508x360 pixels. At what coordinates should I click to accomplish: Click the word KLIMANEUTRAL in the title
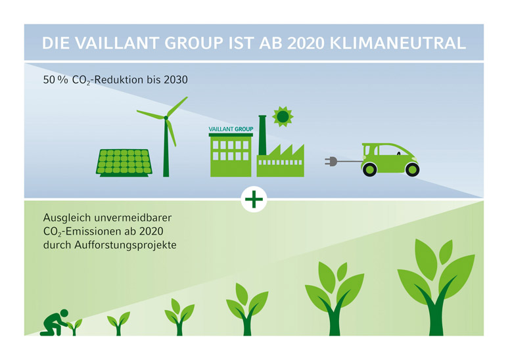(398, 43)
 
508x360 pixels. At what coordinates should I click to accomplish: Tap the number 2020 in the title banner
(306, 43)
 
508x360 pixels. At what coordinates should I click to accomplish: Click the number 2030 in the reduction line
(175, 79)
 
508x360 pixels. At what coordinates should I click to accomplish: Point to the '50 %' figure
(55, 79)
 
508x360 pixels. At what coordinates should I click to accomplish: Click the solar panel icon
(124, 163)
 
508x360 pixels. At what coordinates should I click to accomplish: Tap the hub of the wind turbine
(166, 118)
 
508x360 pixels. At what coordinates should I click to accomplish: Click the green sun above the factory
(283, 116)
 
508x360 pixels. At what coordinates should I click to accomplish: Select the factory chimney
(262, 135)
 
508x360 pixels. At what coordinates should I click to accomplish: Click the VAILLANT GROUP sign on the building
(231, 129)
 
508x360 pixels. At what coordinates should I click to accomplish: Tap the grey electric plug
(331, 161)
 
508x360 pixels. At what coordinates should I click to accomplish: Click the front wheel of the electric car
(412, 169)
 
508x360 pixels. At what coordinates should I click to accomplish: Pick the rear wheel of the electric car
(369, 169)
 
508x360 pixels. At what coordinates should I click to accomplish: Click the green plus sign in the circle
(254, 199)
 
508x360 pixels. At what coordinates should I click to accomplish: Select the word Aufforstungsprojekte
(126, 245)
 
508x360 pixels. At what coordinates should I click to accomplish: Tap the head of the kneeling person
(64, 313)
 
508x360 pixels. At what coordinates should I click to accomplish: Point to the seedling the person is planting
(74, 327)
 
